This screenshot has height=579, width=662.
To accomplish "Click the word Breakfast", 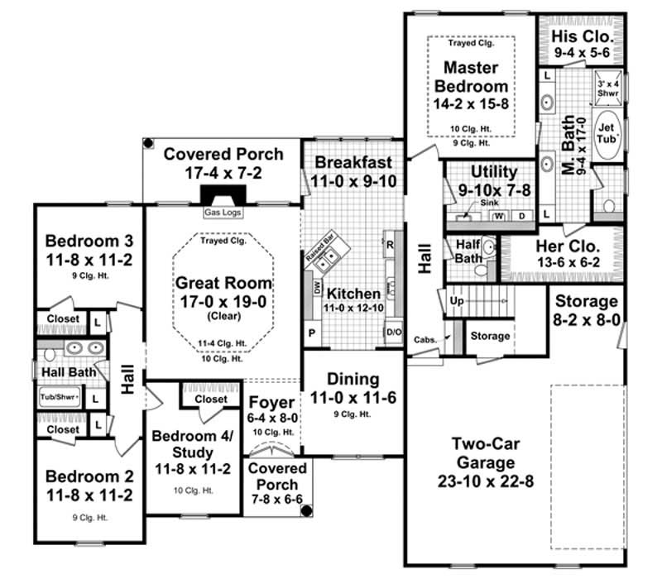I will (x=353, y=162).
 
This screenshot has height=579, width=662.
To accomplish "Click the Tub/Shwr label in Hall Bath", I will (x=59, y=398).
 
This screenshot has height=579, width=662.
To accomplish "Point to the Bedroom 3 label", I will (x=89, y=242).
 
